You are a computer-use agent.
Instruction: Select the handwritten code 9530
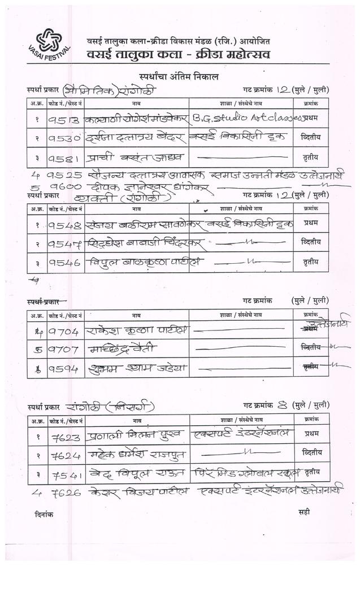tap(63, 137)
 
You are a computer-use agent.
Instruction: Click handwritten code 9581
tap(63, 156)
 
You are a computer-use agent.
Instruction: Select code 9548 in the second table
tap(64, 224)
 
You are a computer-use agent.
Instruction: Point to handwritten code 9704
tap(63, 329)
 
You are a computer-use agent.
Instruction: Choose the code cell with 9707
tap(63, 348)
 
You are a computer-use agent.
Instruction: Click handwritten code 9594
tap(63, 368)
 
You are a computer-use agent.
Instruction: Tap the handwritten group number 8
tap(284, 405)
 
